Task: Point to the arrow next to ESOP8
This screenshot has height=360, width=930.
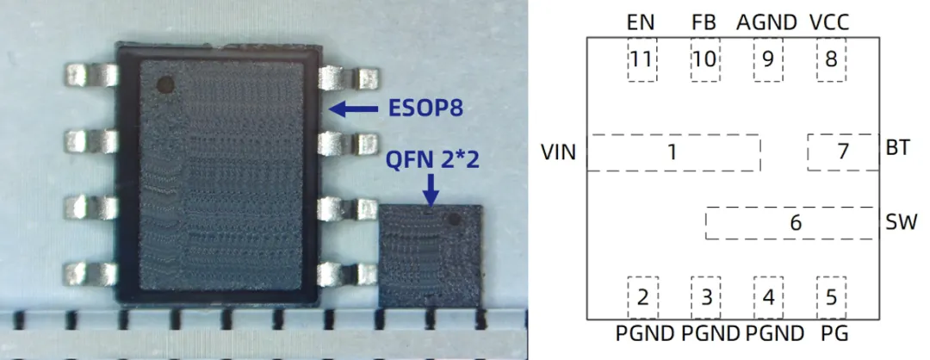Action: pos(354,109)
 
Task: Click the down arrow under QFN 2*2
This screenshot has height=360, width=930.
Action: pos(431,189)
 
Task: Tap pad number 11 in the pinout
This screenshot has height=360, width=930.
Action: pos(642,60)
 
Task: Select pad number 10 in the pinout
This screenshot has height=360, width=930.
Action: pos(704,60)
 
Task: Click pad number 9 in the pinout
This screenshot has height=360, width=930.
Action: pos(767,60)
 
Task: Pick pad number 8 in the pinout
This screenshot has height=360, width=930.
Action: pos(831,60)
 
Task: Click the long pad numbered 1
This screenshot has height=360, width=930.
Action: pos(673,153)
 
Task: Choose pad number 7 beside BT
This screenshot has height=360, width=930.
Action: pos(842,152)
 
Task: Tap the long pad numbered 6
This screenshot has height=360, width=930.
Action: pos(794,223)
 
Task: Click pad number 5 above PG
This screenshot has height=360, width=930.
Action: pos(831,298)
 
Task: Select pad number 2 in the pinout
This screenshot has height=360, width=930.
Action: pos(642,298)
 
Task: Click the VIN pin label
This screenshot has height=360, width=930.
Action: pos(558,153)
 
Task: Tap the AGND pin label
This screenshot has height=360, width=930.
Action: pos(766,23)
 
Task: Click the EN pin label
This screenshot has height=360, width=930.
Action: pos(641,23)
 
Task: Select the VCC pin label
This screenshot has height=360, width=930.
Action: pos(830,23)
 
